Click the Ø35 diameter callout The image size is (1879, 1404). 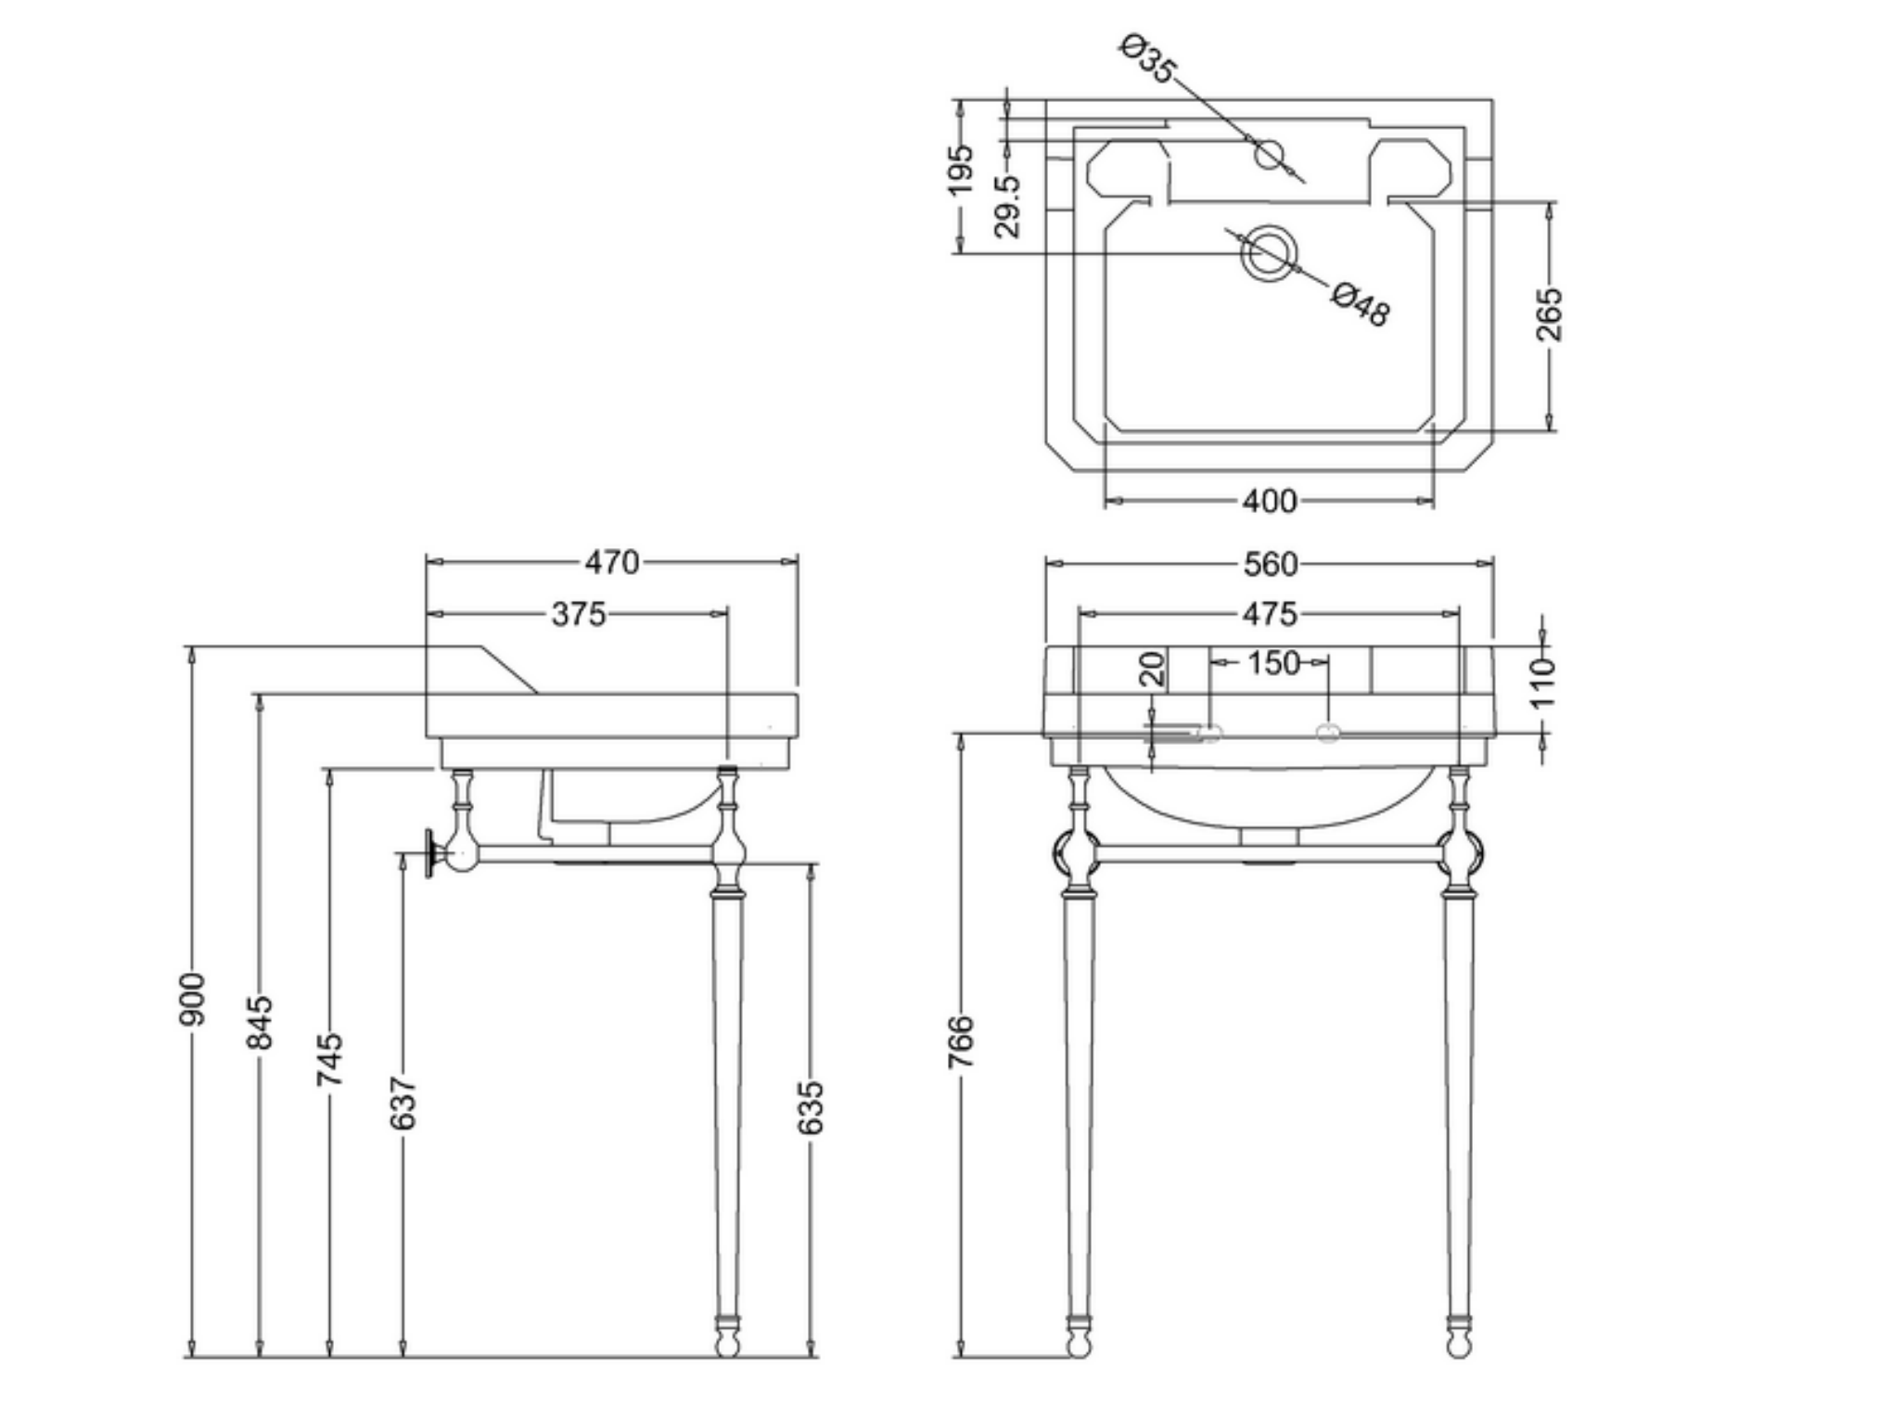pyautogui.click(x=1148, y=58)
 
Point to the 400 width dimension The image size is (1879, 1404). pyautogui.click(x=1269, y=502)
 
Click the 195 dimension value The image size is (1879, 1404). pyautogui.click(x=961, y=170)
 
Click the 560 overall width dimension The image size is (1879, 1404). pyautogui.click(x=1270, y=564)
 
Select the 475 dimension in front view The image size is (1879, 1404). pyautogui.click(x=1270, y=614)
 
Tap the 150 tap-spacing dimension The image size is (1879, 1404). pyautogui.click(x=1272, y=663)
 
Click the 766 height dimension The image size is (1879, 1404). pyautogui.click(x=962, y=1041)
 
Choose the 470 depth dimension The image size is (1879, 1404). pyautogui.click(x=612, y=563)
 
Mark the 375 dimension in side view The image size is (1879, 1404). pyautogui.click(x=578, y=614)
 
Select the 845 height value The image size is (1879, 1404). pyautogui.click(x=261, y=1022)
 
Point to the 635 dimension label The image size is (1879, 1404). pyautogui.click(x=810, y=1107)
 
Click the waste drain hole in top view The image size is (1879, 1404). pyautogui.click(x=1269, y=253)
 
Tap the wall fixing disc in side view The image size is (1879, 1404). pyautogui.click(x=430, y=853)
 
